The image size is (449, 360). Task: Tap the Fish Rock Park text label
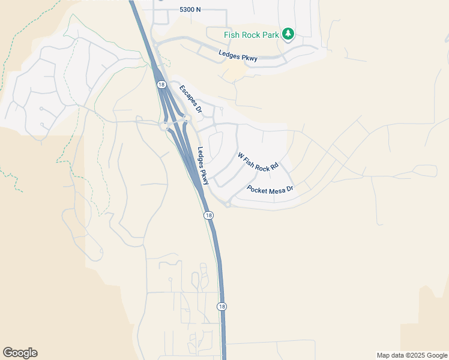tap(252, 35)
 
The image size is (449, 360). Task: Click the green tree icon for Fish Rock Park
tap(289, 34)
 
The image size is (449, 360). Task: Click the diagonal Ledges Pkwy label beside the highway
tap(203, 166)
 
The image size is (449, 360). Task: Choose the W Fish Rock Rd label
tap(259, 162)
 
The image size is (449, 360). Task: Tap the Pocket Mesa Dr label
tap(270, 189)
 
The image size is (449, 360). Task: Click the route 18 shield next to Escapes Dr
tap(161, 85)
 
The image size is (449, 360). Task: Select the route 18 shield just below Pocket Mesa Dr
tap(208, 215)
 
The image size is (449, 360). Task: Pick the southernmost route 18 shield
tap(222, 306)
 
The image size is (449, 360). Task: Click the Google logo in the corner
tap(20, 353)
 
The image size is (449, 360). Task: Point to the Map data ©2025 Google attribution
tap(412, 355)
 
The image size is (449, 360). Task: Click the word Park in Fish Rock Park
tap(270, 35)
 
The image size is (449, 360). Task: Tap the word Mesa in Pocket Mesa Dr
tap(273, 189)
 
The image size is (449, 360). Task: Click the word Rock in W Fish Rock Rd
tap(262, 164)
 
